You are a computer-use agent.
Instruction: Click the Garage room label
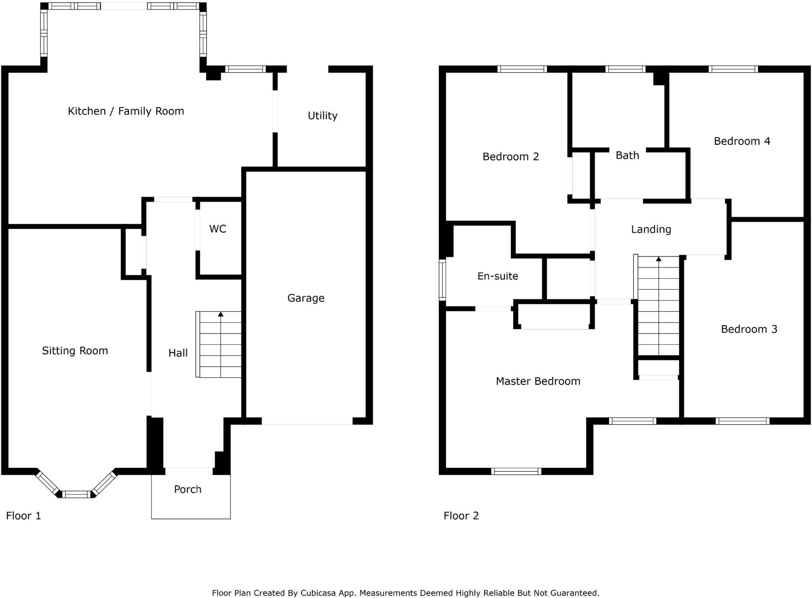click(306, 298)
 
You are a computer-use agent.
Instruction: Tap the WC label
click(218, 229)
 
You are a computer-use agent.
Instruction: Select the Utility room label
click(322, 115)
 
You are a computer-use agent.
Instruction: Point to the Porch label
click(188, 489)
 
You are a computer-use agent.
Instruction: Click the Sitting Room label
click(75, 351)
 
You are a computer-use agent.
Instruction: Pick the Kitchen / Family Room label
click(126, 111)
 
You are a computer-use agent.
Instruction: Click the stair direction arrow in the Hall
click(221, 314)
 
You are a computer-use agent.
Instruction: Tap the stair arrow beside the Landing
click(659, 259)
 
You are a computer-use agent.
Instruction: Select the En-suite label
click(498, 276)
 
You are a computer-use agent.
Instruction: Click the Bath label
click(627, 155)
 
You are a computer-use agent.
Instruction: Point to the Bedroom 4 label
click(742, 141)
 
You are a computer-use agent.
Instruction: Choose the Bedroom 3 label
click(749, 329)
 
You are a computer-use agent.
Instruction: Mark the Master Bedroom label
click(538, 381)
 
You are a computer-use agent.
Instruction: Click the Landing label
click(651, 229)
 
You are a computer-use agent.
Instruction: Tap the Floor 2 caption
click(461, 516)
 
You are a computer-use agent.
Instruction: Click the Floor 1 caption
click(23, 516)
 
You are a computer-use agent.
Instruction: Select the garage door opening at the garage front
click(307, 421)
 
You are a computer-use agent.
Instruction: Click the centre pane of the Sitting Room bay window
click(76, 494)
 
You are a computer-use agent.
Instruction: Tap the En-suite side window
click(442, 280)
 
